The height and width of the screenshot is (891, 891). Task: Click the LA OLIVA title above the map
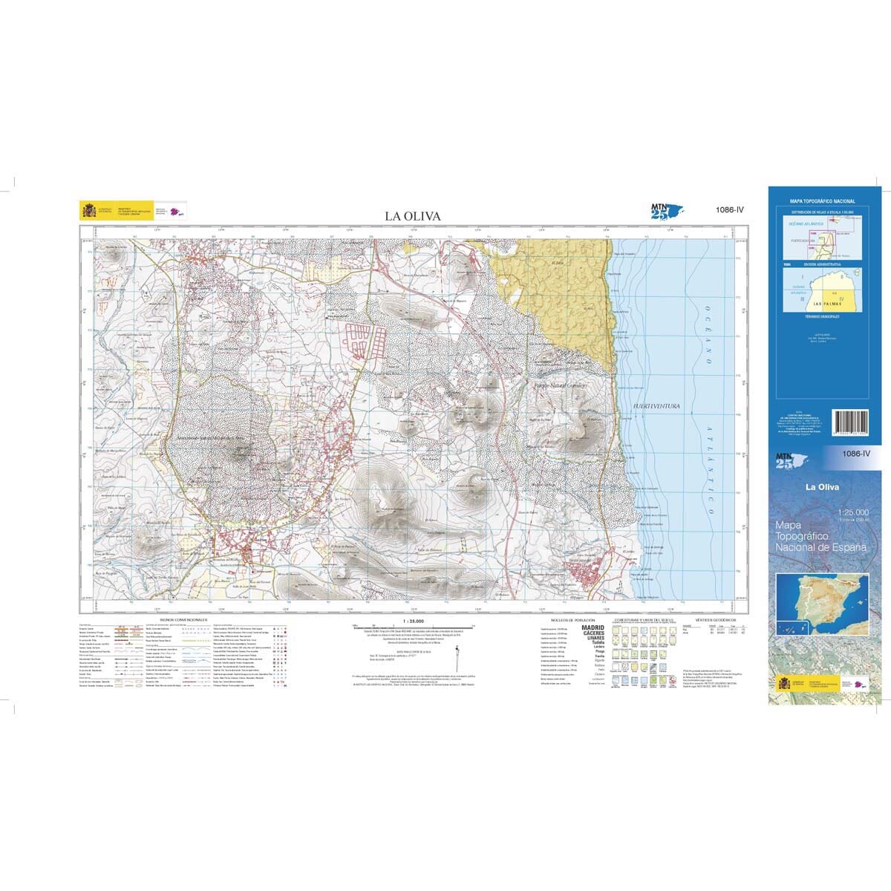pos(412,216)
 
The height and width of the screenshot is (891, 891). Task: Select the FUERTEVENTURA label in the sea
pos(657,406)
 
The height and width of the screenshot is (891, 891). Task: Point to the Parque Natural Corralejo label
pos(561,386)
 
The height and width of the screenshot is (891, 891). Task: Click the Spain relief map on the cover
pos(824,599)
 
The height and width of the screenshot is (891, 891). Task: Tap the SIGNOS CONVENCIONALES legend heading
pos(183,619)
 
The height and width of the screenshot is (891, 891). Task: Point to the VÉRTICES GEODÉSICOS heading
pos(716,619)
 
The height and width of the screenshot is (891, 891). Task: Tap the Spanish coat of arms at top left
pos(88,210)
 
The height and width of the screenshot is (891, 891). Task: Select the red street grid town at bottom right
pos(590,575)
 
